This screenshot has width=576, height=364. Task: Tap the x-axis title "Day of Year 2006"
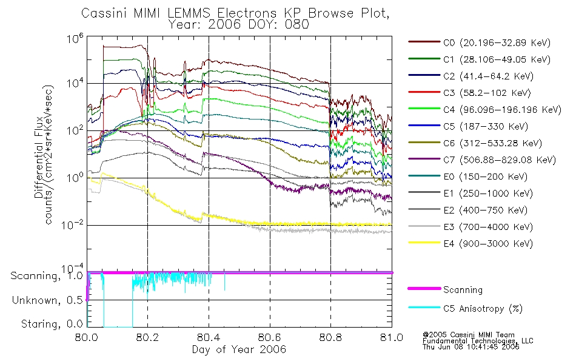239,349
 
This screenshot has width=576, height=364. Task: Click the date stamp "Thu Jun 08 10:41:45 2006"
470,347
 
